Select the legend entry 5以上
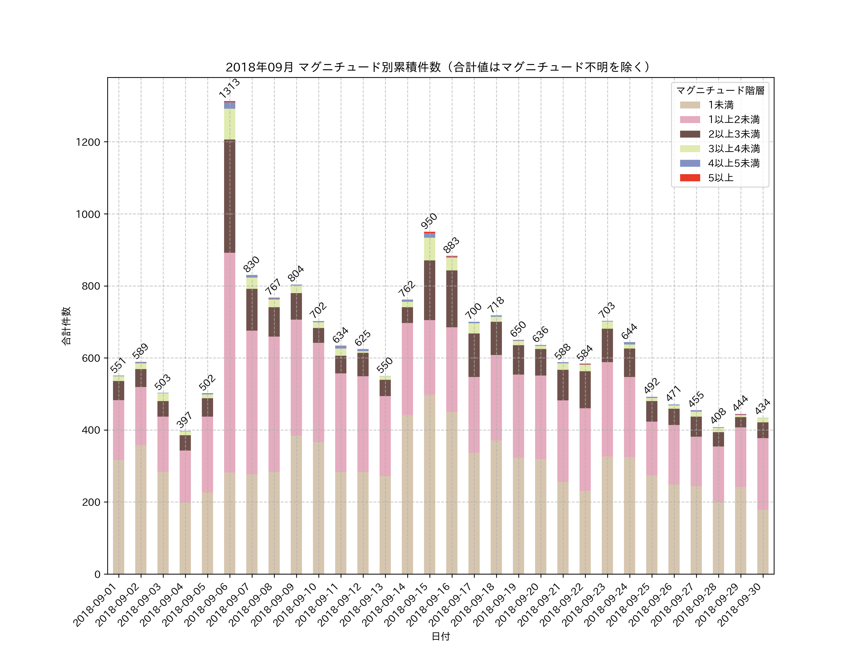(720, 178)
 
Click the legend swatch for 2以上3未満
(690, 134)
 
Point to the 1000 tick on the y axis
(88, 214)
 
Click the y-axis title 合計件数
(66, 326)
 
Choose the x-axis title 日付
(441, 636)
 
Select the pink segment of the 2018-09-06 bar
(229, 362)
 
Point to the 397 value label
(184, 420)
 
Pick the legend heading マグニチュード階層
(720, 91)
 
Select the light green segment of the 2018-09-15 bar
(429, 249)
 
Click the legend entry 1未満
(720, 105)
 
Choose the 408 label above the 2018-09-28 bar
(718, 416)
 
